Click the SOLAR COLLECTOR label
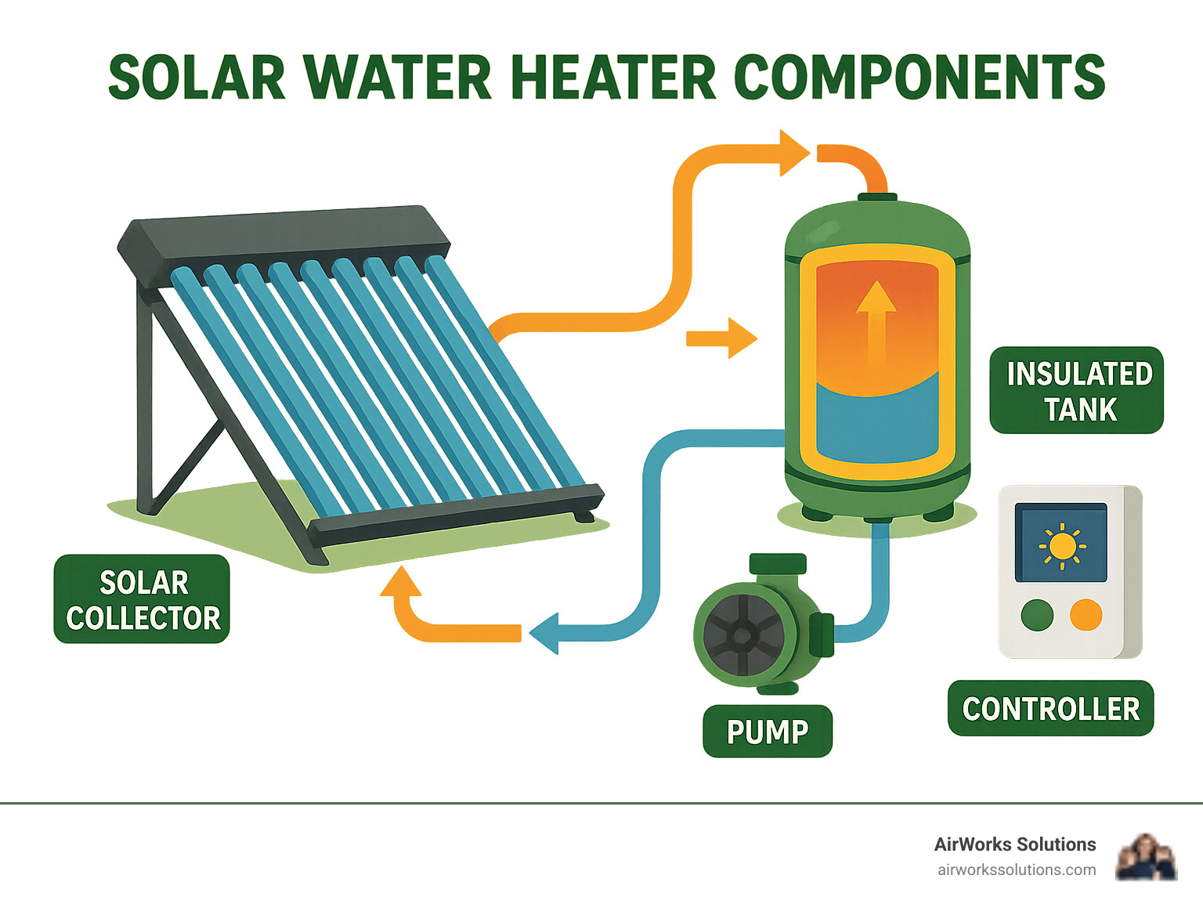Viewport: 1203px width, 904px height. click(x=142, y=599)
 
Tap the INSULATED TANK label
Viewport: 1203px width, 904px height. click(x=1077, y=390)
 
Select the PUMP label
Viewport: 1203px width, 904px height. click(x=767, y=732)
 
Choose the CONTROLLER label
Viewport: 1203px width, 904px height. click(x=1050, y=708)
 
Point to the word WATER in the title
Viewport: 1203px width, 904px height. click(x=399, y=78)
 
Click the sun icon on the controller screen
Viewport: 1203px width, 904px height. click(x=1061, y=545)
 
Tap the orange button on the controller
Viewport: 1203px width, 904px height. click(x=1086, y=615)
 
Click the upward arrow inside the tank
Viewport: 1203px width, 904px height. click(x=876, y=321)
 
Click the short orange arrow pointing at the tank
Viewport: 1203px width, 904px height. click(x=722, y=338)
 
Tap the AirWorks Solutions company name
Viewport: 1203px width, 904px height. click(x=1014, y=844)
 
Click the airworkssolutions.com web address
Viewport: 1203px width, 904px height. click(x=1017, y=870)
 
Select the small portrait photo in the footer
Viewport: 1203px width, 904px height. click(x=1146, y=857)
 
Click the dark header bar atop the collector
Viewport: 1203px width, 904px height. click(x=284, y=238)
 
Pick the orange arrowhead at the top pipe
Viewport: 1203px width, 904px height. click(x=793, y=152)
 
